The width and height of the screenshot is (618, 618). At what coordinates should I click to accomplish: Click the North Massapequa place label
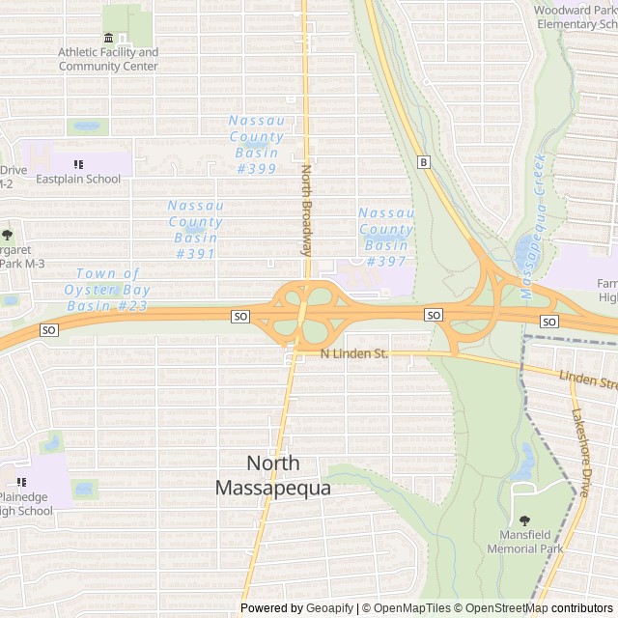pos(273,476)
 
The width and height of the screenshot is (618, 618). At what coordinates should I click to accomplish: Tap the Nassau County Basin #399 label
pos(256,144)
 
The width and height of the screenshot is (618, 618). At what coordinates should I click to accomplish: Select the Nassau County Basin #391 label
pos(195,229)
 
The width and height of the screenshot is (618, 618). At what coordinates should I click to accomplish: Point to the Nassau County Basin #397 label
pos(386,237)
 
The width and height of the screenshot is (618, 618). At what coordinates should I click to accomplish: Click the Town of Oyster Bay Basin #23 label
pos(106,290)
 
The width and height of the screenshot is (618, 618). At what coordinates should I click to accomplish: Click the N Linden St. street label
pos(353,354)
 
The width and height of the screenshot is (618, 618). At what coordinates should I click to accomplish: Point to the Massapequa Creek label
pos(532,225)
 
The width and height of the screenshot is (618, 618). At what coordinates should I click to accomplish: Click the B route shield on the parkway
pos(422,162)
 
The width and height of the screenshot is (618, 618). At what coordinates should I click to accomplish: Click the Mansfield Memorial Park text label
pos(524,541)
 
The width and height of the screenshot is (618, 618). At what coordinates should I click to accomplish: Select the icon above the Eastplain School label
pos(78,164)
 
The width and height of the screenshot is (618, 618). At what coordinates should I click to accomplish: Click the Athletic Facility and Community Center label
pos(108,59)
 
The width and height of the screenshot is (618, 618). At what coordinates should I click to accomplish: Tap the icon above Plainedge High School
pos(20,482)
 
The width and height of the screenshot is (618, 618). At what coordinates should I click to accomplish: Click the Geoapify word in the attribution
pos(330,608)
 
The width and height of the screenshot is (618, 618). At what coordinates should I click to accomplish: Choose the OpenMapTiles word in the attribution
pos(407,608)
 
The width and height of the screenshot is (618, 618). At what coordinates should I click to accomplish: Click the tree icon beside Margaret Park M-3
pos(8,235)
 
